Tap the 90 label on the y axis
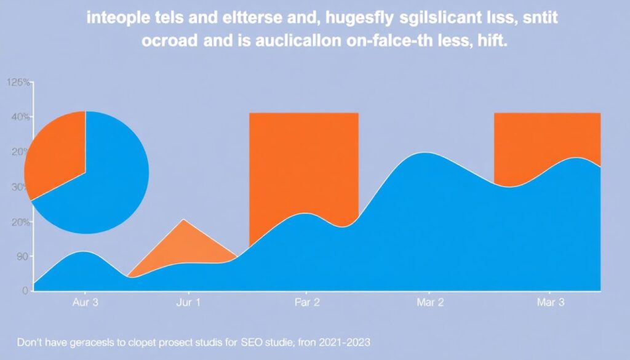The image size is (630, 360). coord(22,257)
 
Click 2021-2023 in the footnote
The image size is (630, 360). coord(346,340)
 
